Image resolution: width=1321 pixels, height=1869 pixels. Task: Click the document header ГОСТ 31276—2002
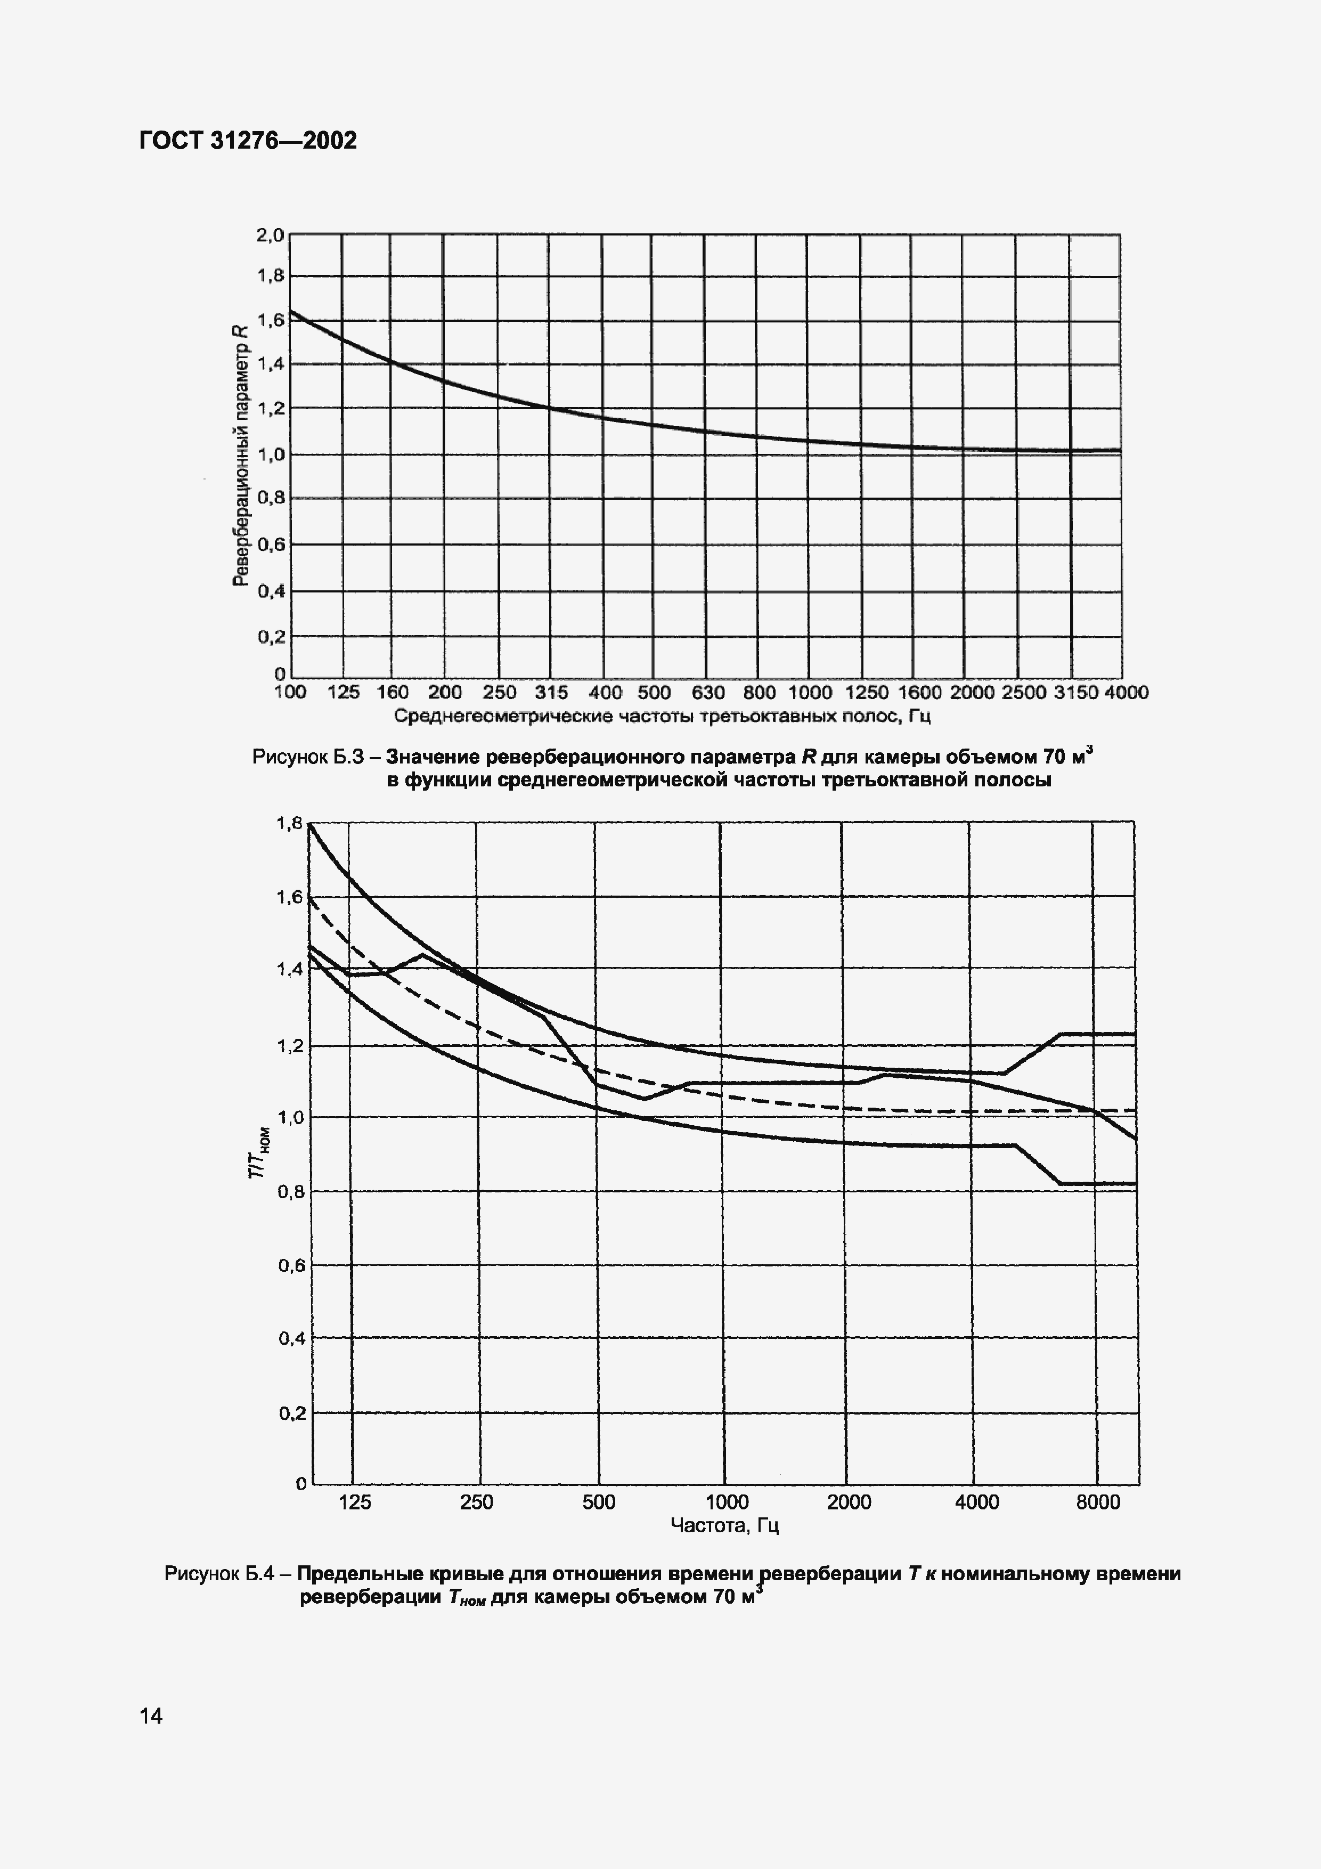coord(248,141)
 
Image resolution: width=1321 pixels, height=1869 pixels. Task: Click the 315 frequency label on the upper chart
coord(551,693)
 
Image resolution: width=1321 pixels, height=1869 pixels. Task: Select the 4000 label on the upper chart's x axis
coord(1126,693)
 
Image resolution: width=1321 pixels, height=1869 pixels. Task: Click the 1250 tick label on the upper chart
coord(866,693)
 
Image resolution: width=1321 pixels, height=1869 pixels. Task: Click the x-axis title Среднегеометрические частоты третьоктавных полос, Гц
coord(662,717)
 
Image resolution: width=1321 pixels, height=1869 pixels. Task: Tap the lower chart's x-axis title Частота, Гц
coord(724,1525)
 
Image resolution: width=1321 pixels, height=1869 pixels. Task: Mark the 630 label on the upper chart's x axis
coord(707,693)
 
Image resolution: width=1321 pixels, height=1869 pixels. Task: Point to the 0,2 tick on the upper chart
coord(272,637)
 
